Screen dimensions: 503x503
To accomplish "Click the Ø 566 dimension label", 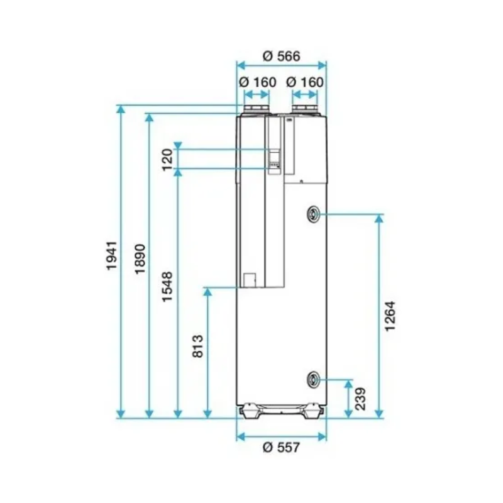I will click(x=282, y=55).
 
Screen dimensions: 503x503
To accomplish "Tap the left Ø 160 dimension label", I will click(x=257, y=82).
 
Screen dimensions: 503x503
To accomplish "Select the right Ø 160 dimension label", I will click(x=304, y=82).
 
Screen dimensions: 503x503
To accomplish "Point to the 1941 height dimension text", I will click(x=111, y=255).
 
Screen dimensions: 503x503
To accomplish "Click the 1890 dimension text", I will click(x=140, y=258).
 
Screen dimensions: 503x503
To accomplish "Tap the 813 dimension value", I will click(x=197, y=346).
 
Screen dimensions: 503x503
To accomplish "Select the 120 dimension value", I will click(x=167, y=160).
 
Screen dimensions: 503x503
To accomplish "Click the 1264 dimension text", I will click(x=390, y=318).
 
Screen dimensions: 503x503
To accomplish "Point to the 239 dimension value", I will click(x=361, y=399).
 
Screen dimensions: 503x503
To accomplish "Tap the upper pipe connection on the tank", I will click(x=313, y=214).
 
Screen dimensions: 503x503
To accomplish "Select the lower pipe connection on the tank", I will click(x=313, y=379).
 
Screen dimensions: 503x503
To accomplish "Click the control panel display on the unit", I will click(x=275, y=158).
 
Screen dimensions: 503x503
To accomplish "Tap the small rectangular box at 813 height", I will click(x=250, y=279).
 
